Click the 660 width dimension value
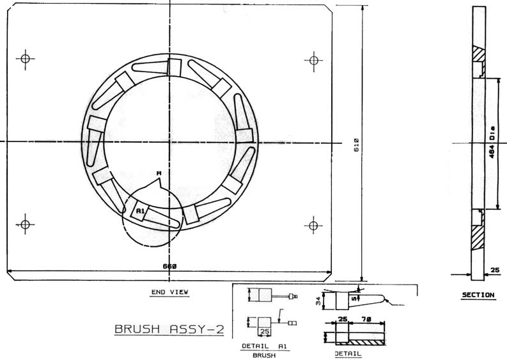(x=169, y=267)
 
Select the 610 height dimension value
(x=356, y=145)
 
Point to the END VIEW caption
(x=170, y=292)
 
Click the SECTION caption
(x=478, y=295)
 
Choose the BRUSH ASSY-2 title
(x=169, y=329)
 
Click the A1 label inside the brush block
(x=140, y=211)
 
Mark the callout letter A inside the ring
(x=159, y=173)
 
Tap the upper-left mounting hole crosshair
(x=25, y=59)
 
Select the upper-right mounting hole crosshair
(x=314, y=61)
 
